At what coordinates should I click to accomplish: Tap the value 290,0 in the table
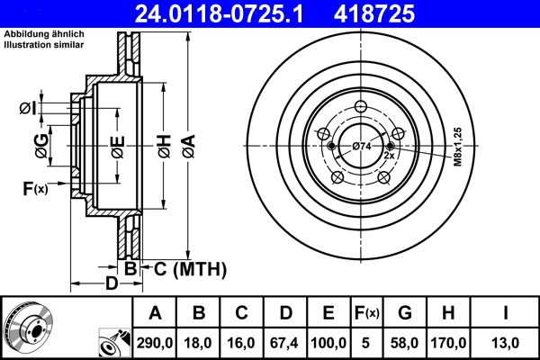[x=155, y=343]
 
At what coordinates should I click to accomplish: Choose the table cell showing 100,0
[x=329, y=343]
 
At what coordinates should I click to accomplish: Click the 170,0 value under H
[x=447, y=343]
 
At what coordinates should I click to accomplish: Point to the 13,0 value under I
[x=506, y=343]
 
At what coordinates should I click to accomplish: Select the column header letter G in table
[x=405, y=313]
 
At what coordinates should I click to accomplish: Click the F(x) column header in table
[x=368, y=313]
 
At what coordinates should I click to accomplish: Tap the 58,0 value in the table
[x=405, y=343]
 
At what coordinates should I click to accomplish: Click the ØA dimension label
[x=188, y=147]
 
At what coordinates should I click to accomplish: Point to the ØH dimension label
[x=164, y=147]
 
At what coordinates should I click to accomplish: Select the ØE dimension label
[x=118, y=147]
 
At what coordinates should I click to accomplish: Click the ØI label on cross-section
[x=28, y=109]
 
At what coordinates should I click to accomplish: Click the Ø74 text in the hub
[x=361, y=147]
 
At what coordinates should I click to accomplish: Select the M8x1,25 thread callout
[x=458, y=148]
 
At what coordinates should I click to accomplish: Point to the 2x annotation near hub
[x=390, y=156]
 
